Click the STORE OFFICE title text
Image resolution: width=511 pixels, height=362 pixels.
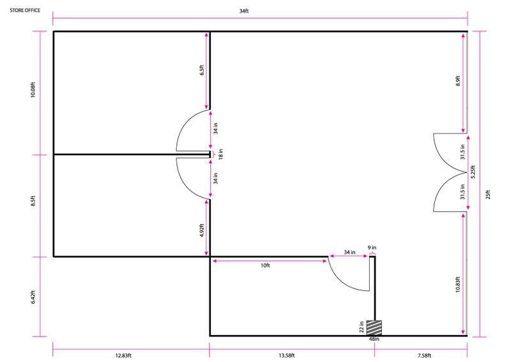25,10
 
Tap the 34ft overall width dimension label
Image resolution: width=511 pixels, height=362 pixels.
244,11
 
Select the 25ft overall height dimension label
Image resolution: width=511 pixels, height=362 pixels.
488,194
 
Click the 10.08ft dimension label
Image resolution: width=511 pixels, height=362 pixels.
33,89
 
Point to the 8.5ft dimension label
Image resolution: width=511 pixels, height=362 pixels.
33,201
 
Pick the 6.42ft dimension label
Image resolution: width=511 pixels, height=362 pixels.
33,297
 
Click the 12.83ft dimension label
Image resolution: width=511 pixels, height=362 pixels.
123,355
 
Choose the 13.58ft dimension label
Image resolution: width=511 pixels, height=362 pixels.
287,355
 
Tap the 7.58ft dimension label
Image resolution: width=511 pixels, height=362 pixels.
424,355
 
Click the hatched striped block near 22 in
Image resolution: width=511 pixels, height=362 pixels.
374,327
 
